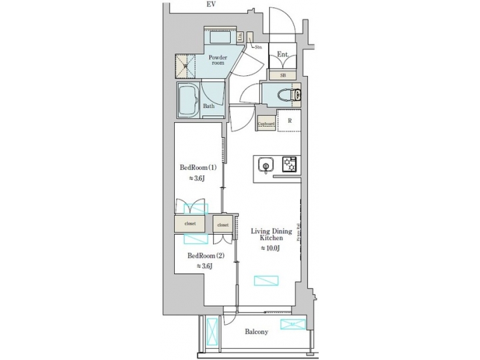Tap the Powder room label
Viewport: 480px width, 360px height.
pyautogui.click(x=218, y=61)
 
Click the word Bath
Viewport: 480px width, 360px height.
pyautogui.click(x=208, y=106)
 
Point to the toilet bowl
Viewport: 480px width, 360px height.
pyautogui.click(x=294, y=94)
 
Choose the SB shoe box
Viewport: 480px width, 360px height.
pyautogui.click(x=283, y=75)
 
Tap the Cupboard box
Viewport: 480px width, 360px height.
pyautogui.click(x=267, y=123)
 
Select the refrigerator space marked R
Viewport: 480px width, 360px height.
pyautogui.click(x=289, y=121)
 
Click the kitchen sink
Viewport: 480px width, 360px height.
pyautogui.click(x=265, y=165)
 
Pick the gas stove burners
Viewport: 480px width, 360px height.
pyautogui.click(x=289, y=163)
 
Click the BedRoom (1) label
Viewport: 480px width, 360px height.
pyautogui.click(x=197, y=168)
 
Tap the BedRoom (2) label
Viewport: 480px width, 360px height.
pyautogui.click(x=205, y=255)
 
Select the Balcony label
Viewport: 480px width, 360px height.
pyautogui.click(x=256, y=331)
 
